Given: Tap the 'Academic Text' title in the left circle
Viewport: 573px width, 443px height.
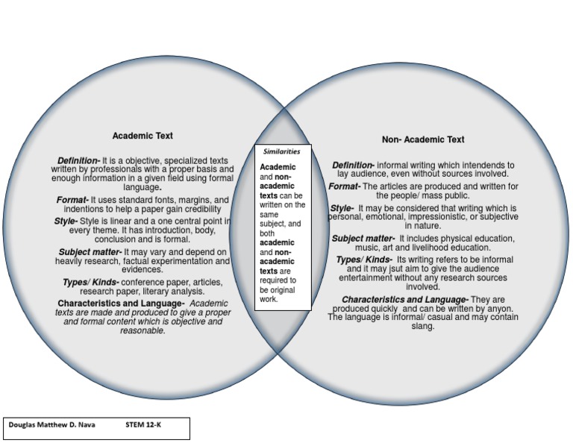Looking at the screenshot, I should tap(143, 136).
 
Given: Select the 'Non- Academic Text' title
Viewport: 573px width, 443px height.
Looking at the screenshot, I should tap(423, 139).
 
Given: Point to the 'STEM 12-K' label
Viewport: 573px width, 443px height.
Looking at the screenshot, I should tap(143, 424).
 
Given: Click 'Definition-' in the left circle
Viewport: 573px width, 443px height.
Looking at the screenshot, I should tap(78, 160).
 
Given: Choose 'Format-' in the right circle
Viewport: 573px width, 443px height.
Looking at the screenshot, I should tap(345, 186).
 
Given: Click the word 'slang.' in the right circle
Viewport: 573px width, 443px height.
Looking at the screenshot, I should tap(423, 326).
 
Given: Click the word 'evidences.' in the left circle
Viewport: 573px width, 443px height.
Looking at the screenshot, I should tap(142, 270).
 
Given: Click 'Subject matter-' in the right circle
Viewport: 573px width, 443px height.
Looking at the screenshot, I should tap(363, 239).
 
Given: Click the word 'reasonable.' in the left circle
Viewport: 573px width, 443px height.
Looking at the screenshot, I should tap(143, 330).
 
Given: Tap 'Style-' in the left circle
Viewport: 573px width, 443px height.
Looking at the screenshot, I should tap(66, 221).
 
